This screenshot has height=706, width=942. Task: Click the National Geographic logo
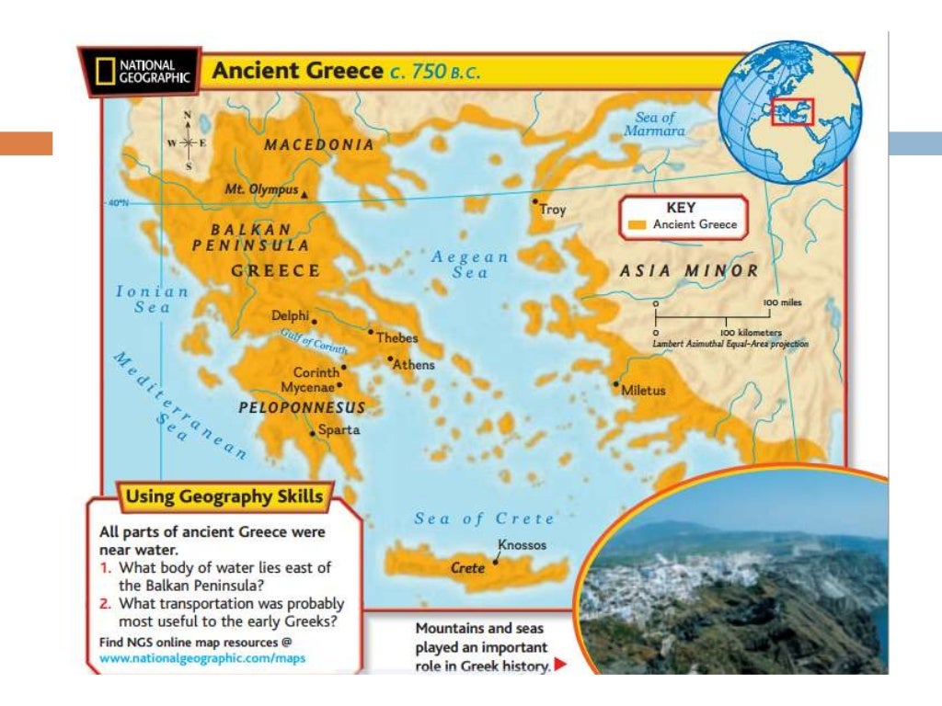click(140, 72)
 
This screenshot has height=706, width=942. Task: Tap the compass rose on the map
click(188, 143)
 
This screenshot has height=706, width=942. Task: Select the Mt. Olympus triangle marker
click(304, 193)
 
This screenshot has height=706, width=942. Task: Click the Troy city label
click(552, 210)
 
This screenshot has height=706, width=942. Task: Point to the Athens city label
click(414, 365)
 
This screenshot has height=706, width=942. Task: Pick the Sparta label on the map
click(339, 429)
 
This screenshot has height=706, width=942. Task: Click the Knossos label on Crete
click(522, 545)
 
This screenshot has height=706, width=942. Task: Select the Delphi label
click(290, 315)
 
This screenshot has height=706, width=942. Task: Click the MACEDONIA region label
click(319, 144)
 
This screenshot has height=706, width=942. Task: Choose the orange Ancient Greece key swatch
click(638, 224)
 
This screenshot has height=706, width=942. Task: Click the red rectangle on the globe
click(792, 111)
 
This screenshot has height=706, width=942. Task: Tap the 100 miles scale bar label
click(785, 302)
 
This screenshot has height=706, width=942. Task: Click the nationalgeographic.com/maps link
click(202, 658)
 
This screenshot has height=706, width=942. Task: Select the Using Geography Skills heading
click(224, 497)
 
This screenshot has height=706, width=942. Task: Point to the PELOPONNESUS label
click(302, 407)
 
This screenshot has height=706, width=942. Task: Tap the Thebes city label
click(396, 337)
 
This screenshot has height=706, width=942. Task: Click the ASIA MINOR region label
click(688, 271)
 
